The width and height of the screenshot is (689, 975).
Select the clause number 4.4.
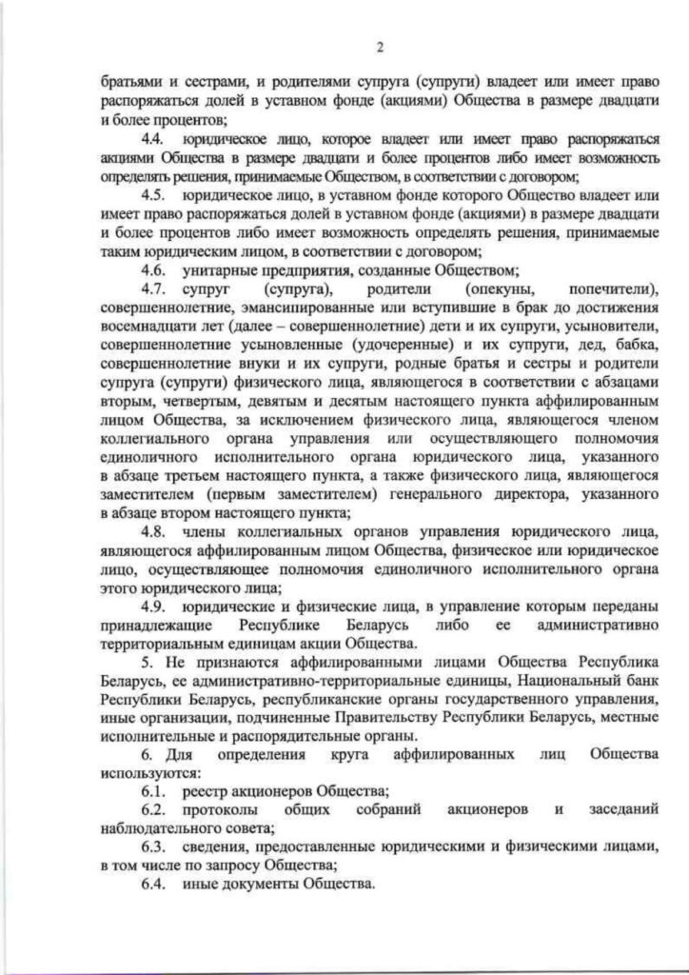[x=153, y=138]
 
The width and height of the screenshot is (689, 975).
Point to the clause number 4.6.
[x=153, y=270]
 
